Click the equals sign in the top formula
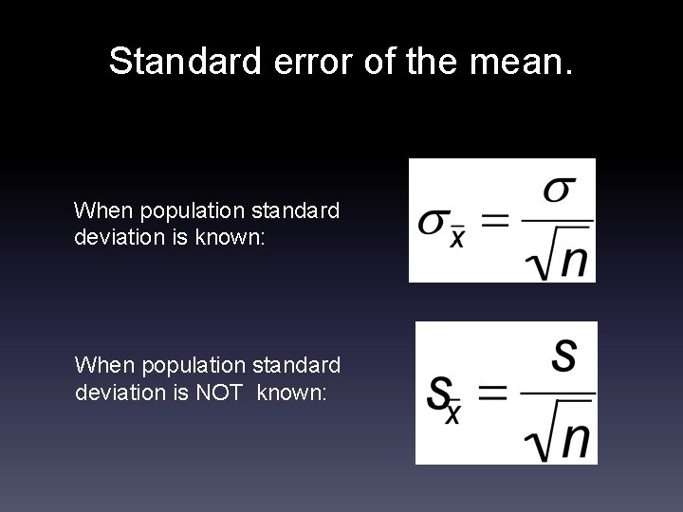tap(494, 224)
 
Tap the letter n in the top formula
tap(572, 259)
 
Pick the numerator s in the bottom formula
tap(563, 356)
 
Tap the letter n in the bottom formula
tap(574, 438)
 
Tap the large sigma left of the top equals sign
tap(434, 224)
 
